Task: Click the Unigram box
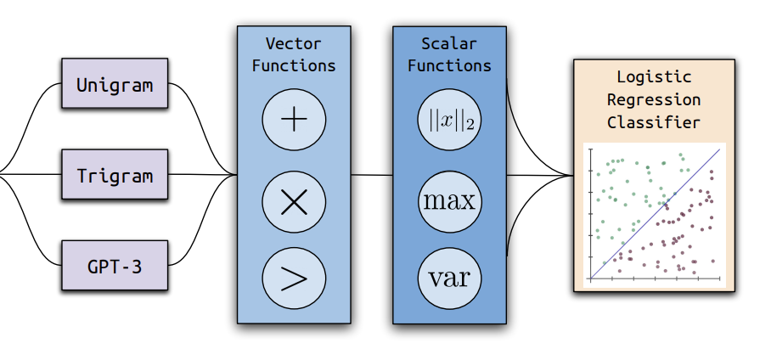tap(115, 82)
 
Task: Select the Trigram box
tap(115, 174)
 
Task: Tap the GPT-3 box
tap(115, 265)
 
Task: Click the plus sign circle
tap(294, 121)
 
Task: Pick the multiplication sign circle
tap(294, 201)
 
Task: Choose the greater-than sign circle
tap(294, 278)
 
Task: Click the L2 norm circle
tap(449, 121)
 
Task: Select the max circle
tap(449, 201)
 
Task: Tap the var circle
tap(449, 278)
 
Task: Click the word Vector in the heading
tap(294, 44)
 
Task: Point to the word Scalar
tap(449, 44)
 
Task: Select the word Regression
tap(654, 99)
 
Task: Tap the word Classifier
tap(654, 122)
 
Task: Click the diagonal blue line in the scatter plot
tap(656, 214)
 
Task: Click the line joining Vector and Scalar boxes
tap(372, 175)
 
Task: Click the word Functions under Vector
tap(294, 66)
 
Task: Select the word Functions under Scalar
tap(449, 66)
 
